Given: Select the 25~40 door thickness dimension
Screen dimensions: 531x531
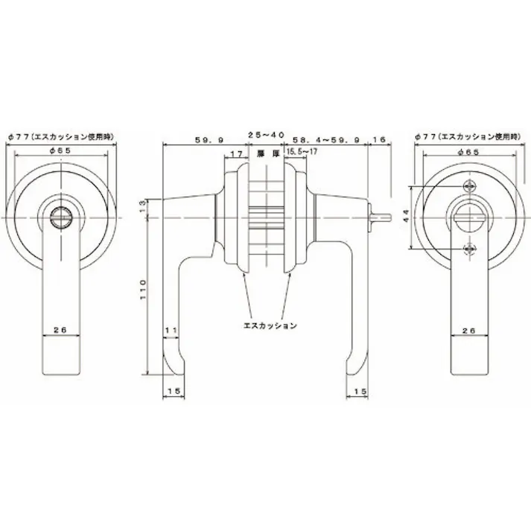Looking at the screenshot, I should tap(265, 135).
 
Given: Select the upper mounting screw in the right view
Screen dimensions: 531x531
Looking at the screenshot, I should tap(468, 185).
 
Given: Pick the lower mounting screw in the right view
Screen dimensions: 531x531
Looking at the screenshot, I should tap(468, 249).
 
